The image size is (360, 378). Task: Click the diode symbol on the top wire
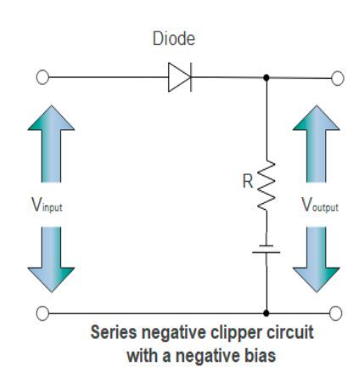(180, 79)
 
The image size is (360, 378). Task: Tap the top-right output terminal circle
(337, 79)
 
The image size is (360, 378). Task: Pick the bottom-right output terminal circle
(337, 313)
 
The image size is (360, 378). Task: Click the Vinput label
(43, 204)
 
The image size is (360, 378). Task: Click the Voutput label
(320, 204)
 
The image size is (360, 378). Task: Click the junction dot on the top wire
(267, 79)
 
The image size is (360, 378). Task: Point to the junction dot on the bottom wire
(267, 313)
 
